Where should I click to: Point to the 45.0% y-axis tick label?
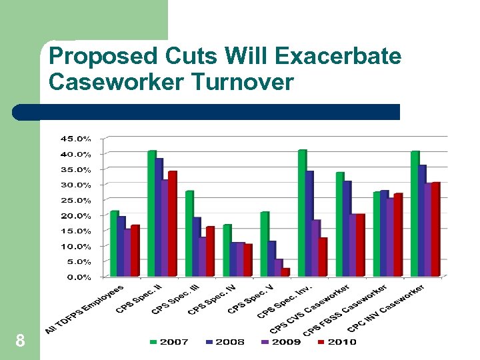coord(76,139)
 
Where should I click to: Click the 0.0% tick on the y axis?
coord(79,277)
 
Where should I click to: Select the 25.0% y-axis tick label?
coord(76,200)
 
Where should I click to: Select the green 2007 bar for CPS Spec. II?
coord(151,213)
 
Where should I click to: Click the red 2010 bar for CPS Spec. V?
coord(285,272)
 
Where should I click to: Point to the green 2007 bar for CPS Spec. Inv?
coord(302,213)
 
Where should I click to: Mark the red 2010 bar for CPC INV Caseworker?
coord(436,229)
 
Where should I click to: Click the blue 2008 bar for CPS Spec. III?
coord(197,247)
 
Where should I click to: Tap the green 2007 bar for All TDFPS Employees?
coord(114,243)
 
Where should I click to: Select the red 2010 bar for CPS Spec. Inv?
coord(323,257)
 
